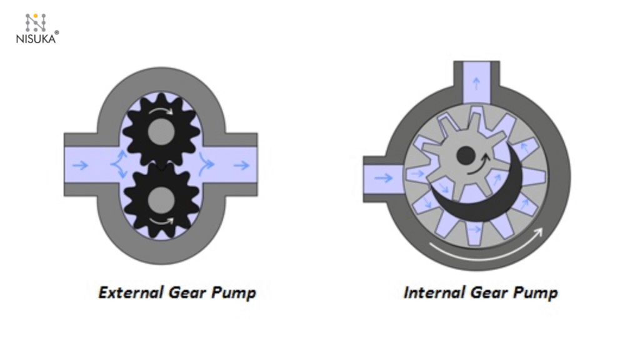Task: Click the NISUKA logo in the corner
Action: click(x=36, y=28)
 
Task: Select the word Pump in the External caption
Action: click(x=233, y=292)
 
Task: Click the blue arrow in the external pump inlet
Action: click(x=80, y=165)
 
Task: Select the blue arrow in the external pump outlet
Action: click(x=241, y=165)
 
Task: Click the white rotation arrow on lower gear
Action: click(x=163, y=220)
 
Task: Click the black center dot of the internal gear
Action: click(x=465, y=156)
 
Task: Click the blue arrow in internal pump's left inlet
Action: click(x=383, y=178)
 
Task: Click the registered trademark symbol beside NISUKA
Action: click(x=57, y=32)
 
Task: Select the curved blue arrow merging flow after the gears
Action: click(x=204, y=165)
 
